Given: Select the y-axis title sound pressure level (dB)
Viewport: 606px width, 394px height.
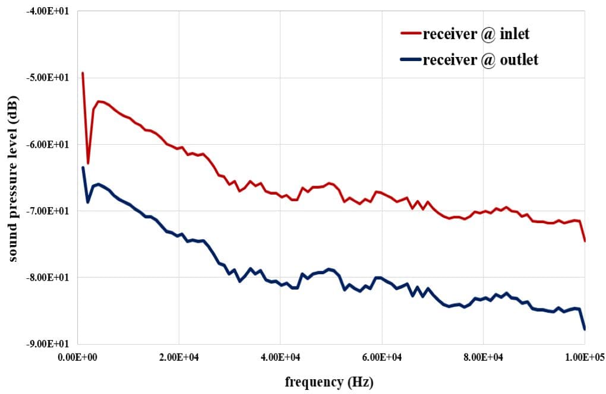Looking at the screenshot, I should tap(13, 177).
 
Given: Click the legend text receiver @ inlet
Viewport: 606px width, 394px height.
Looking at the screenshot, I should tap(476, 34).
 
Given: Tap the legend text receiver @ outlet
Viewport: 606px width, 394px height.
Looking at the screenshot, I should tap(481, 60).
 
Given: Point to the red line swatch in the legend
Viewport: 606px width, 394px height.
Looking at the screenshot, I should tap(410, 34).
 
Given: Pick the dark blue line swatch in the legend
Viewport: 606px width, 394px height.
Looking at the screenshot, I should tap(410, 61).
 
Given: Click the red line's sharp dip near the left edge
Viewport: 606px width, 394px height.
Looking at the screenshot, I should tap(88, 163).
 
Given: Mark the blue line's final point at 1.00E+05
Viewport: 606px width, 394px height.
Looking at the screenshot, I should tap(585, 329).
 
